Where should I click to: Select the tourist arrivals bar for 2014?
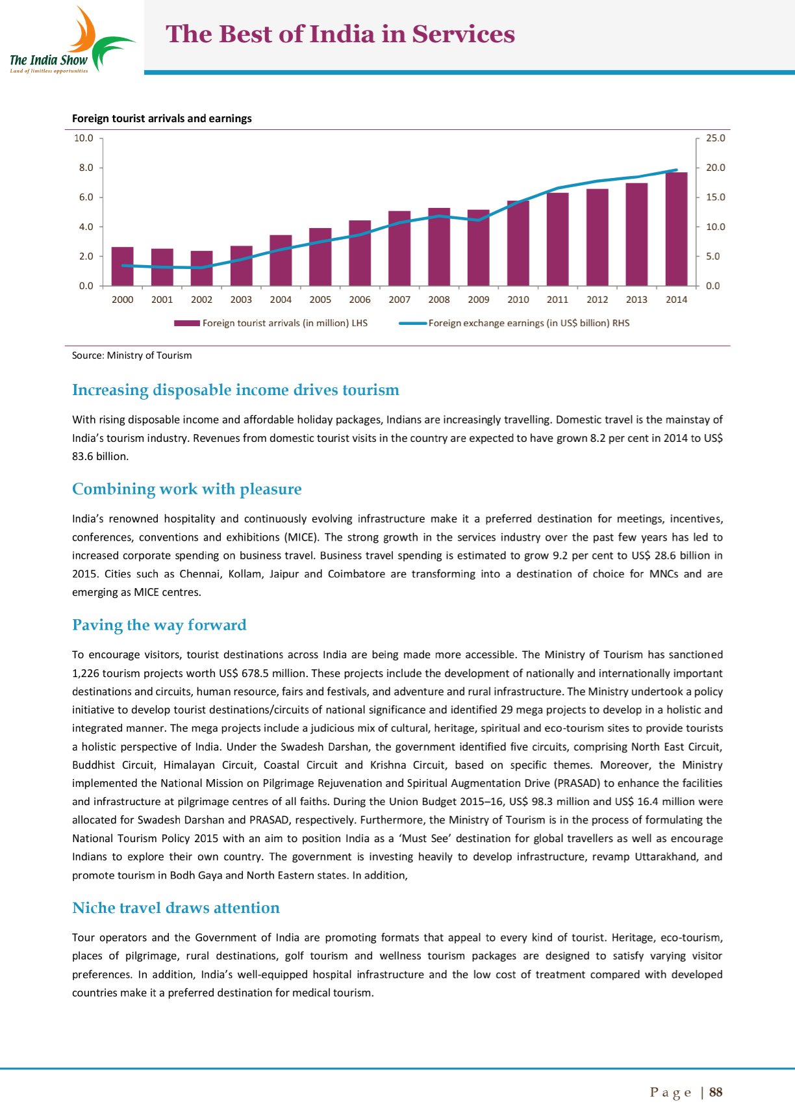676,229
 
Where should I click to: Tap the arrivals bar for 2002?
201,268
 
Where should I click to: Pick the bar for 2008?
439,247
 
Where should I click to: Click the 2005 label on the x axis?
320,300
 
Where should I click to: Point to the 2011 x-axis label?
557,300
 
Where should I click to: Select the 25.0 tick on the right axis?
716,138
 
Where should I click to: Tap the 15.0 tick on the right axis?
716,197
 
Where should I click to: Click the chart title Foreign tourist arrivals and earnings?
162,118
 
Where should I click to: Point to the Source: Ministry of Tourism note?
132,355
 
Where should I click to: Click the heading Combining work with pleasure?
187,489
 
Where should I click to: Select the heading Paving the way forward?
159,624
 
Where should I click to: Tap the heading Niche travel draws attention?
176,908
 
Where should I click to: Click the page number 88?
716,1092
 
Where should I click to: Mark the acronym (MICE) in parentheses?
301,537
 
